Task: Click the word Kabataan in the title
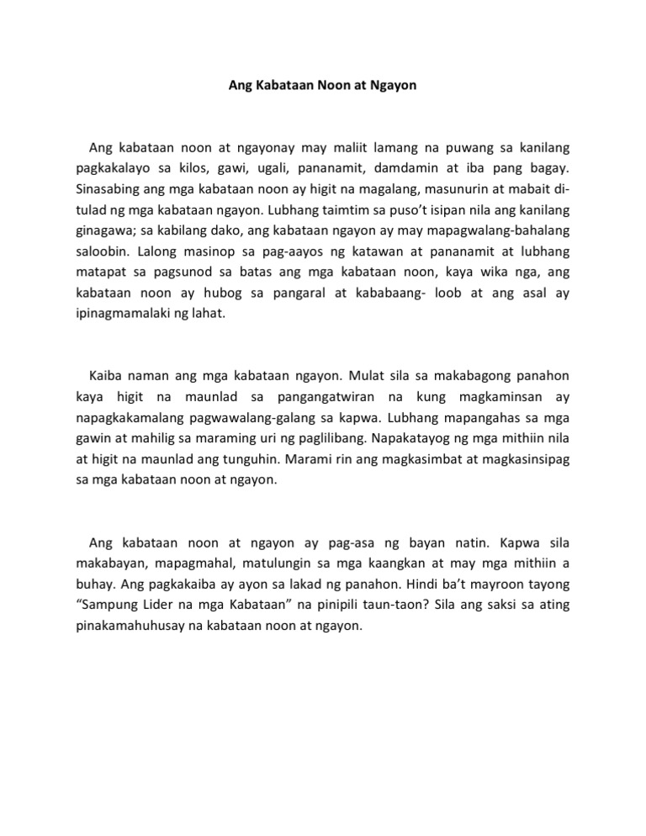point(281,86)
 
